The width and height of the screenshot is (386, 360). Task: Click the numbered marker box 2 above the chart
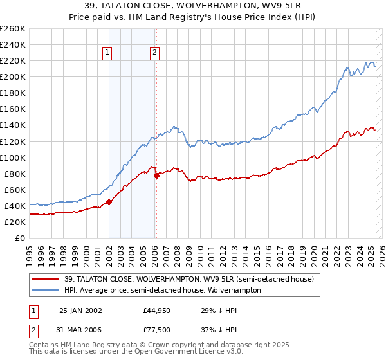[x=155, y=54]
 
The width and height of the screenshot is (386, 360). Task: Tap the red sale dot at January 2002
[x=109, y=202]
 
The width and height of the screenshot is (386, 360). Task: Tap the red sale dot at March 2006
[x=156, y=175]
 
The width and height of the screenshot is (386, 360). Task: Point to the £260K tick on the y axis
[x=12, y=29]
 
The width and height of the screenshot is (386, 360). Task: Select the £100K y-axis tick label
[x=12, y=157]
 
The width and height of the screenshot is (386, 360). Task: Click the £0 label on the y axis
[x=20, y=238]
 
